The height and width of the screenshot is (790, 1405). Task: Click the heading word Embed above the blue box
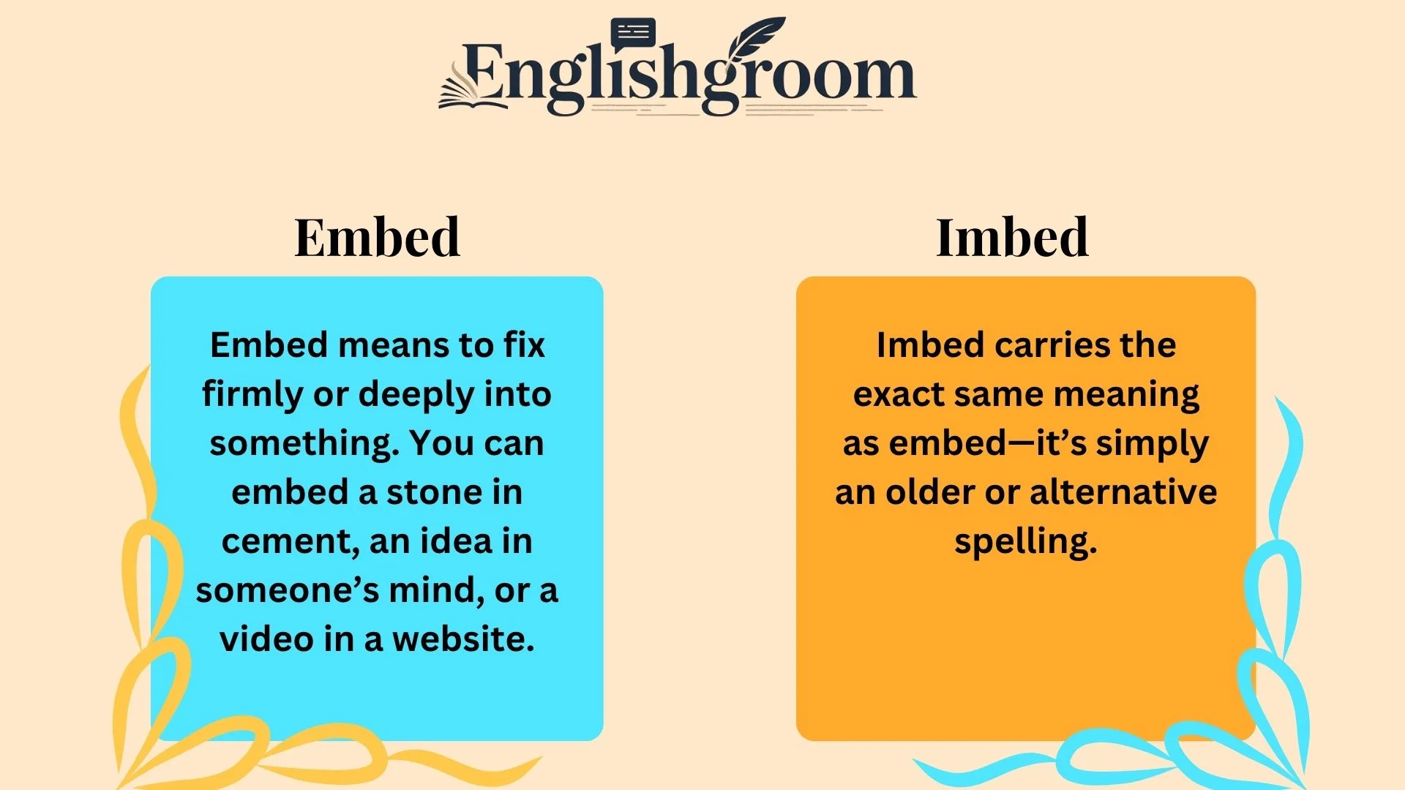tap(377, 238)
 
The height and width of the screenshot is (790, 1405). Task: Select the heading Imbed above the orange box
tap(1012, 238)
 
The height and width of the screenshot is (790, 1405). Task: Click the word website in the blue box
tap(462, 639)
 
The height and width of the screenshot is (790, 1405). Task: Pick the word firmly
tap(252, 395)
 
